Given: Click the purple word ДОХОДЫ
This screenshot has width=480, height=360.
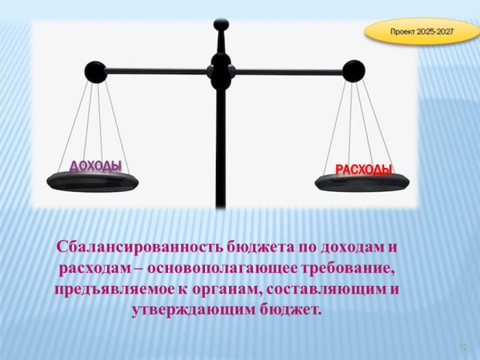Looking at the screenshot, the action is point(95,166).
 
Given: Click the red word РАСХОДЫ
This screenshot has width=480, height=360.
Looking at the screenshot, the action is point(364,169).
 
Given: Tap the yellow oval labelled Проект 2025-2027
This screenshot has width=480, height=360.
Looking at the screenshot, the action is point(422,32).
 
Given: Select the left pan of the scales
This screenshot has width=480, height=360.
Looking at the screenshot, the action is point(93,182).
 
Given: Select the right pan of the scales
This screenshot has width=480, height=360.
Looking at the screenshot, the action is point(362,182).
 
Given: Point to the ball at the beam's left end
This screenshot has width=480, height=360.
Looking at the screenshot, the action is point(95,72).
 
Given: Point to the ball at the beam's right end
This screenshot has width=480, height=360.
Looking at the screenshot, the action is point(354,71).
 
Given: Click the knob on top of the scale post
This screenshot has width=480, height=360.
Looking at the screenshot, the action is point(221,24).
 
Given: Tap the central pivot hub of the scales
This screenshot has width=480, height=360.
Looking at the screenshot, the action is point(221,71).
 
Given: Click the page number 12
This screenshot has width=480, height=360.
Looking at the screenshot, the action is point(463,348).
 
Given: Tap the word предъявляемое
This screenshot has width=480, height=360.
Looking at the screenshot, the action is point(114,290).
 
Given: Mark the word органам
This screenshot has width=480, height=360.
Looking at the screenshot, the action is point(226,291).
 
